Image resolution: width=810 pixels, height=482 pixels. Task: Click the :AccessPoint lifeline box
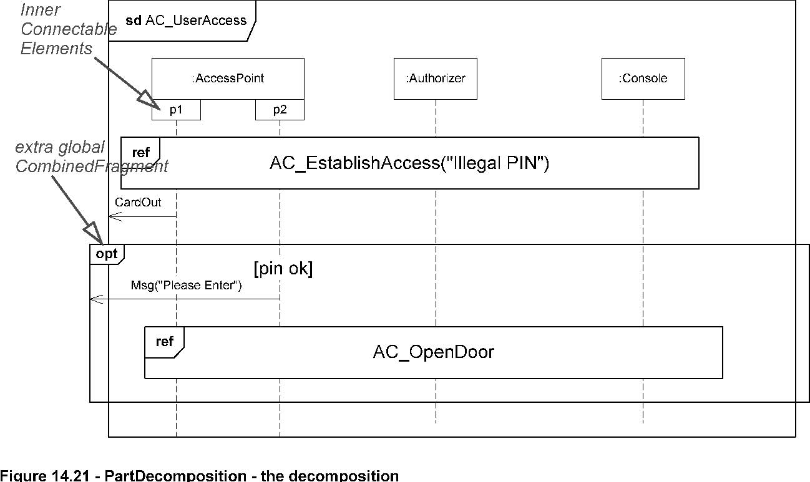(x=228, y=79)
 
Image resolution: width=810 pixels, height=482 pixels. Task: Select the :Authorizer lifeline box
(x=436, y=79)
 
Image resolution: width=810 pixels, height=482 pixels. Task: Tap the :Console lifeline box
(x=643, y=79)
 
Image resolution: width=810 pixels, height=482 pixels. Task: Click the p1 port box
(x=176, y=110)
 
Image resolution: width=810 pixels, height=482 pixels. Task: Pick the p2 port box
(x=280, y=110)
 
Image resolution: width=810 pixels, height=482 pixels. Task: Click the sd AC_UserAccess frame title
(x=186, y=20)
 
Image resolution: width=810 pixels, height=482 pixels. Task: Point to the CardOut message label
(x=138, y=202)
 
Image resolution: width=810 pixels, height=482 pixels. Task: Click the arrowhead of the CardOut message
(x=115, y=217)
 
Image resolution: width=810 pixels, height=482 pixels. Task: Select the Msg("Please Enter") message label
(x=186, y=285)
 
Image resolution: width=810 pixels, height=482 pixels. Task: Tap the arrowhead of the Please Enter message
(x=96, y=299)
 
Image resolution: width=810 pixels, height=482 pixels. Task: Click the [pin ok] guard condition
(x=283, y=269)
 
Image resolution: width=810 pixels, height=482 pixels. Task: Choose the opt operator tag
(x=107, y=254)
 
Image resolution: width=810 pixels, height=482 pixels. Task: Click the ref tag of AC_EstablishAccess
(x=140, y=153)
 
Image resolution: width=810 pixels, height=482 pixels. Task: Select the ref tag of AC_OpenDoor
(x=165, y=342)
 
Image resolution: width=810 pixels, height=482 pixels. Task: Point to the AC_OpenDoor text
(x=433, y=352)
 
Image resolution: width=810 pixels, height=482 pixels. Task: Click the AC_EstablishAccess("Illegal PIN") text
(x=409, y=163)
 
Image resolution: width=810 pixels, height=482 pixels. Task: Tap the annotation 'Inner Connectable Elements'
(x=69, y=29)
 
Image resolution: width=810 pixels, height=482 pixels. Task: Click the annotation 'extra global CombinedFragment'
(x=92, y=157)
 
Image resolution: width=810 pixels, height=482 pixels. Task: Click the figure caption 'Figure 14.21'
(x=45, y=476)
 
